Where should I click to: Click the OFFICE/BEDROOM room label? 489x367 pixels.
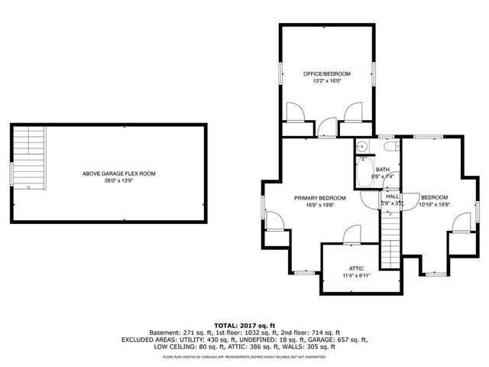point(326,73)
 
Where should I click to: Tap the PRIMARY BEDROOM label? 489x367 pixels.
point(320,198)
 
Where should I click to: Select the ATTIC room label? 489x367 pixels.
point(356,268)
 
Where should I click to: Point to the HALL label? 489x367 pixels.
point(392,196)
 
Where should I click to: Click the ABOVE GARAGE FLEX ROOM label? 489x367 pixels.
point(118,174)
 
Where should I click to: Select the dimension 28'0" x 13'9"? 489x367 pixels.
point(118,181)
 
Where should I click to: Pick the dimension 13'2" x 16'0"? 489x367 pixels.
point(326,81)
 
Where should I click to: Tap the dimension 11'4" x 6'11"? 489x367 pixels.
point(356,276)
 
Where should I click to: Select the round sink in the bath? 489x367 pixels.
point(363,148)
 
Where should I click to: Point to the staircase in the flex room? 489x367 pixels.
point(30,158)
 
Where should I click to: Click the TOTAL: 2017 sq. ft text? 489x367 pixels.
point(244,325)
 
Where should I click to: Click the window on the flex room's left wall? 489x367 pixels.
point(11,172)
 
